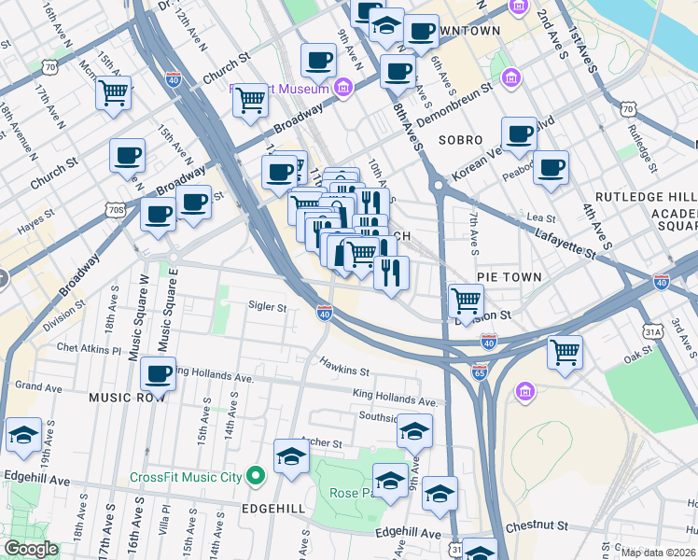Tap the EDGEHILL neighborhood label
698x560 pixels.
pos(272,508)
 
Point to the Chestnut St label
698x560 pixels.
pos(538,526)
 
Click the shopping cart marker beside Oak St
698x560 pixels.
pos(565,352)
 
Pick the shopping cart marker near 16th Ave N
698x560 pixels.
pos(113,92)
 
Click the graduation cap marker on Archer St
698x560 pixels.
pos(291,457)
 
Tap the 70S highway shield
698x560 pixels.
pos(116,210)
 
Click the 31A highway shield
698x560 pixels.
pos(652,331)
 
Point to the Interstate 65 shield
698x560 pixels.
pos(480,372)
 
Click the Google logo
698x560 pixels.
pos(32,549)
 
